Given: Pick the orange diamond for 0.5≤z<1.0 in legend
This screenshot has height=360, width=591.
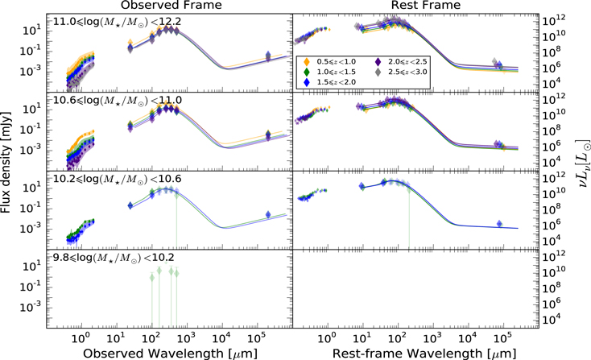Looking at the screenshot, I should point(307,61).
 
